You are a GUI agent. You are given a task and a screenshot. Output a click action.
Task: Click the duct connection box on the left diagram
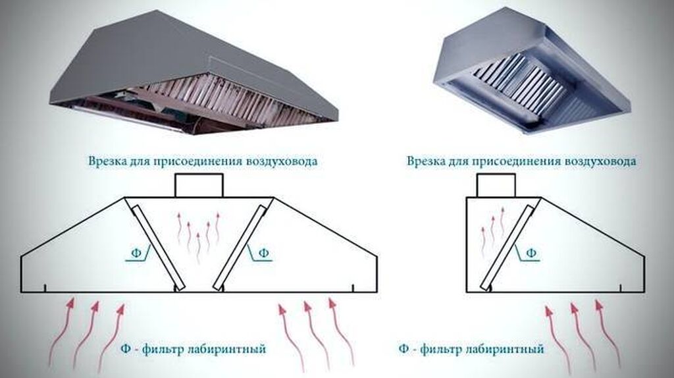199,185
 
